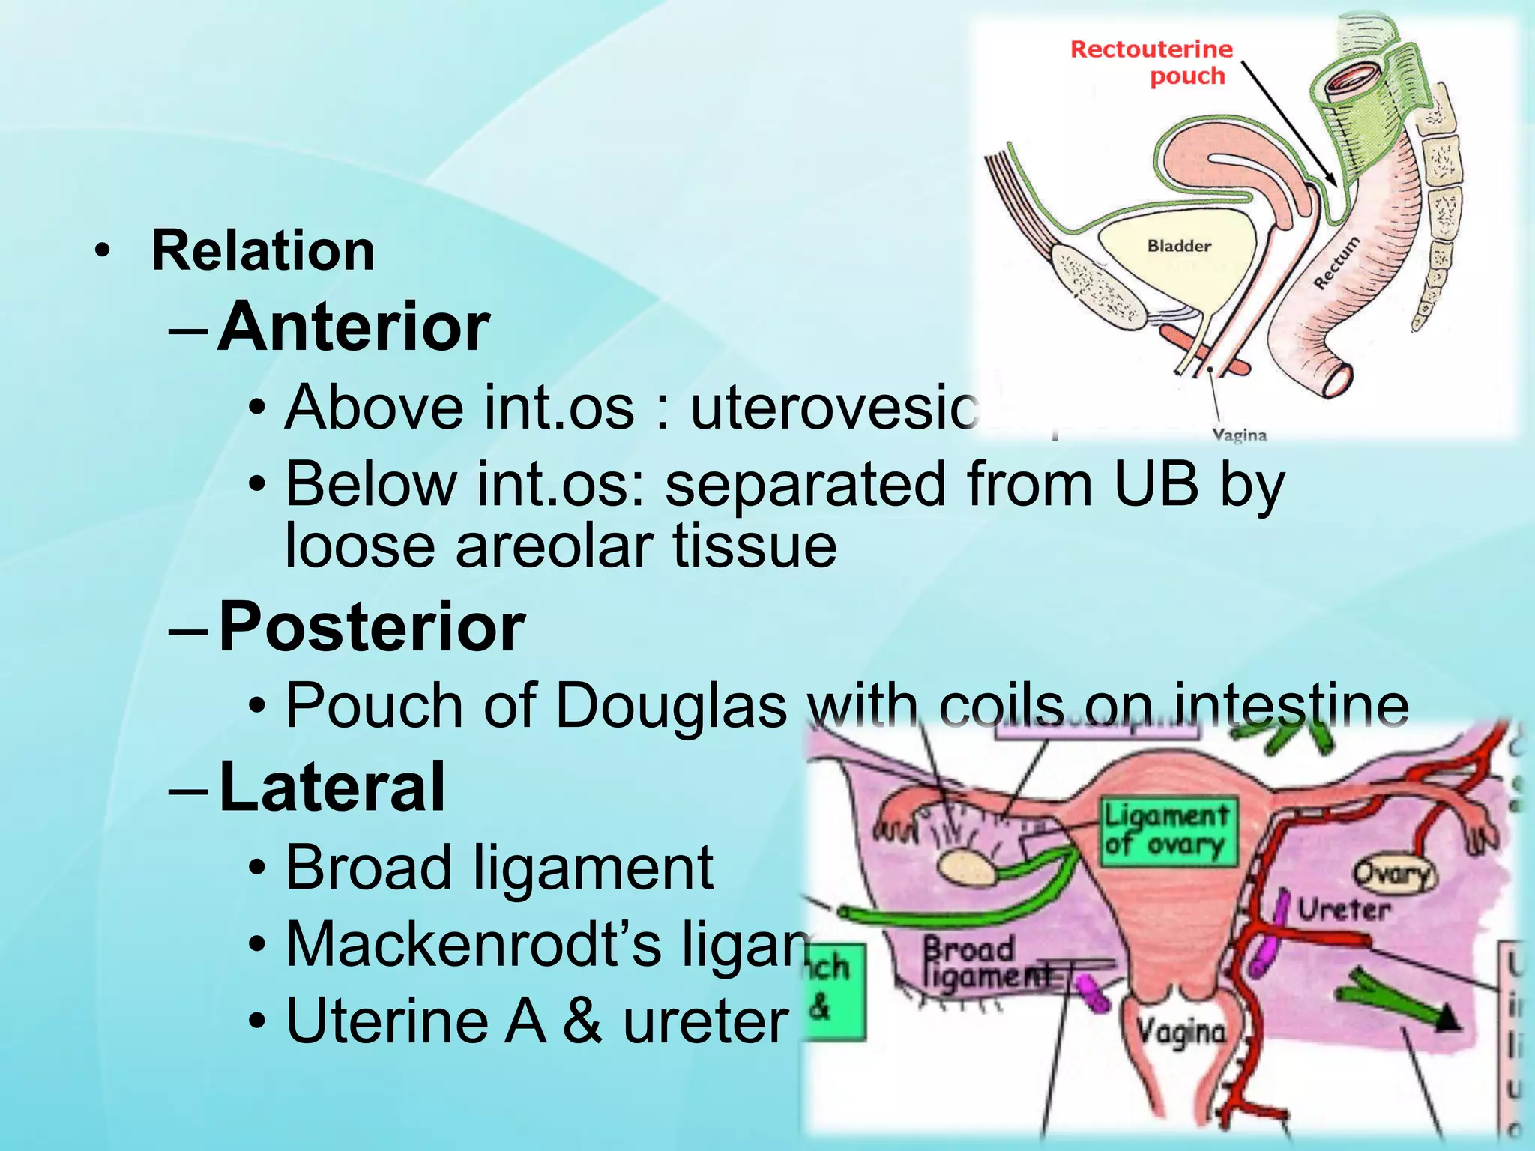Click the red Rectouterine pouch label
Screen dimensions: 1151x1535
pos(1152,62)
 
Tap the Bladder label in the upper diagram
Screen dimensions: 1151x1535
pos(1179,246)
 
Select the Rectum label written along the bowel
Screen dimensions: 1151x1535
pos(1336,262)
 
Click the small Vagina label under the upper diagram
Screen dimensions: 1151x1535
pos(1239,435)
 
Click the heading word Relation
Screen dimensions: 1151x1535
pos(262,250)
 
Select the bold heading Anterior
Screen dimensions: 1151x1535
pos(354,327)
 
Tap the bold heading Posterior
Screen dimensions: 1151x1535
pos(372,627)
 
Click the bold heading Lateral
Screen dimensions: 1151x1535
pos(332,786)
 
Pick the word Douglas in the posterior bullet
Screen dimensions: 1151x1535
pos(671,706)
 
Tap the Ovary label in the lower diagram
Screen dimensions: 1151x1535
pos(1393,874)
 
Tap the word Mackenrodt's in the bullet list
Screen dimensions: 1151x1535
pos(474,944)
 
